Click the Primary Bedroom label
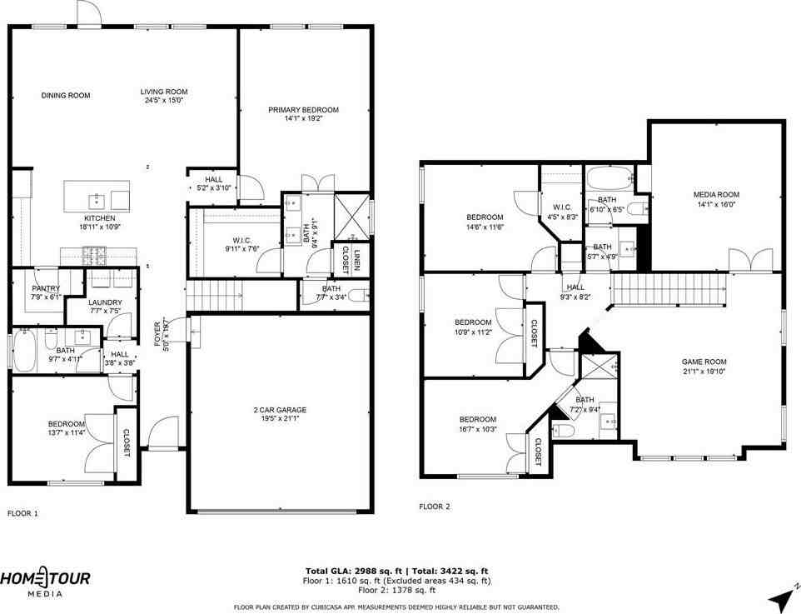(x=303, y=110)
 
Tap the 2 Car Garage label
(x=280, y=410)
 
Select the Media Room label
(x=716, y=194)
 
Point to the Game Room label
(x=704, y=362)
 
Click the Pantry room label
(x=46, y=288)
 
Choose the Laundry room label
(x=105, y=302)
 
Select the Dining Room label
(x=66, y=95)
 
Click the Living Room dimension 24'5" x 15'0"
(x=163, y=101)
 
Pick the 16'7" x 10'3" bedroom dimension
(x=478, y=429)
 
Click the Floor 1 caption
(x=22, y=514)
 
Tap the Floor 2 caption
(x=434, y=506)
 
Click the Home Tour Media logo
(x=45, y=582)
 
